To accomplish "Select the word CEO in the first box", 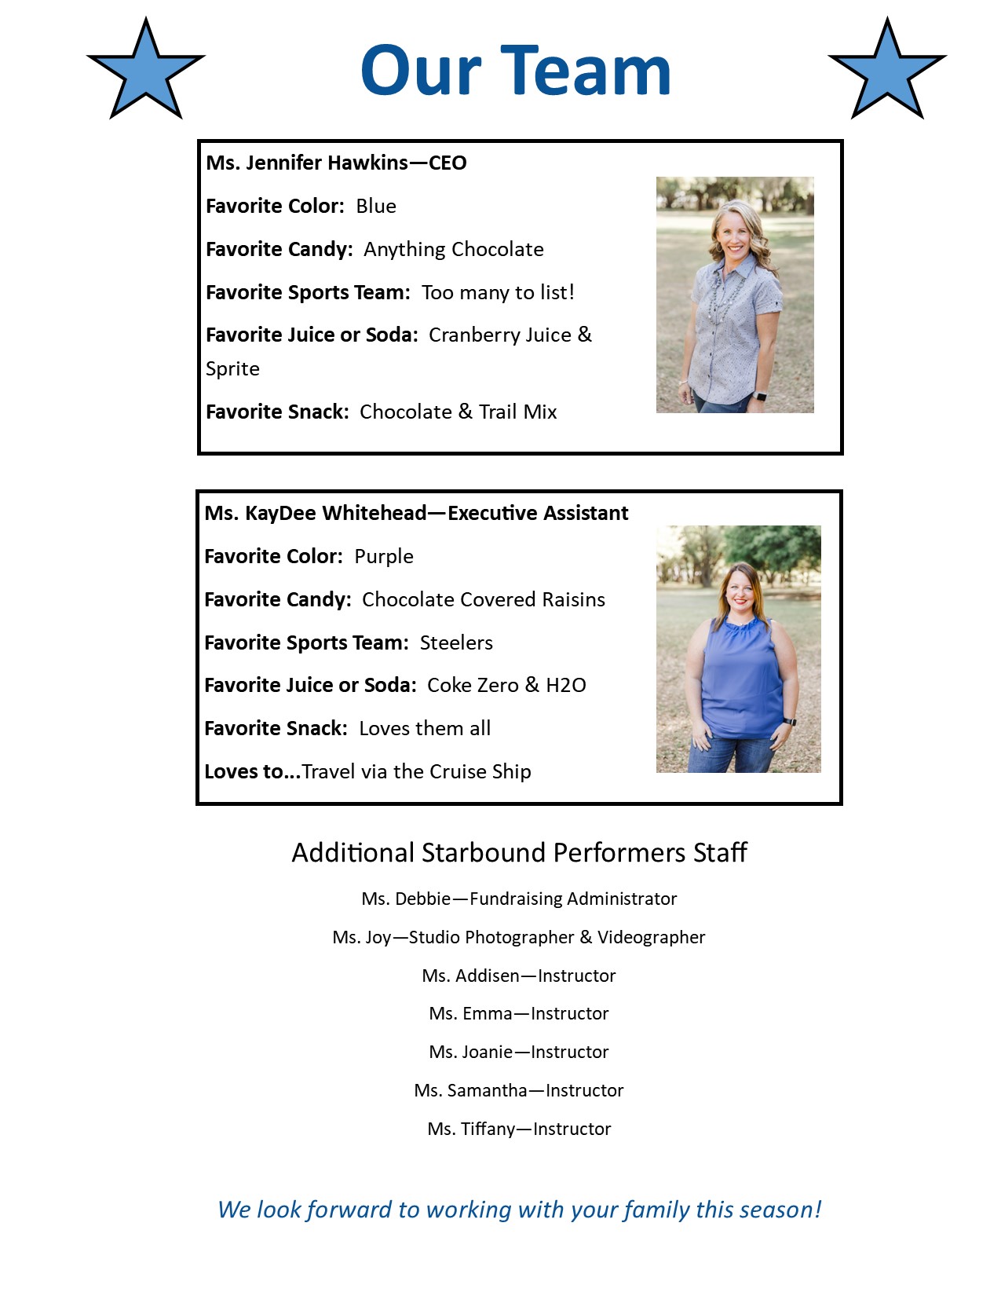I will pos(448,163).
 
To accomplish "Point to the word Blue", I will pos(376,206).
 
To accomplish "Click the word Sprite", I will pos(232,369).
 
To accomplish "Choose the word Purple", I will pos(384,556).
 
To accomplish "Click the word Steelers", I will pos(456,643).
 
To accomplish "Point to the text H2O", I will pos(566,685).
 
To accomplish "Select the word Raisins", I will pos(576,599).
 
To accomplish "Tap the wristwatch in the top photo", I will pos(760,396).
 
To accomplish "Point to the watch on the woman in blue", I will pos(789,720).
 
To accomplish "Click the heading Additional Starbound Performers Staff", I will pos(519,852).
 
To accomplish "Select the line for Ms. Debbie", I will pos(519,899).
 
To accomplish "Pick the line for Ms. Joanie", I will pos(519,1052).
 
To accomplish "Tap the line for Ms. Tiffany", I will pos(519,1129).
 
